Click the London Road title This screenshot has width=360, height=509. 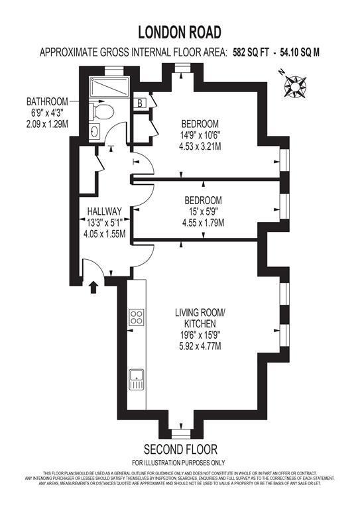point(180,31)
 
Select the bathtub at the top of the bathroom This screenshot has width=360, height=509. point(111,87)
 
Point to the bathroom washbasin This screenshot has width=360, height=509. point(95,131)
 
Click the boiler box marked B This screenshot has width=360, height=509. point(141,103)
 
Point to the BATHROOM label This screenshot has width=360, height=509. point(47,101)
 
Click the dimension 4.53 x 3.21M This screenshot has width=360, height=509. point(201,146)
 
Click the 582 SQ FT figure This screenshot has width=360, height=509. point(254,51)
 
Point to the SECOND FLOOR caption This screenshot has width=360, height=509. point(180,449)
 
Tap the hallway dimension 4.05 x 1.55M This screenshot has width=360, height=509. point(104,233)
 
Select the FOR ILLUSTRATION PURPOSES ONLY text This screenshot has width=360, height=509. point(179,462)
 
